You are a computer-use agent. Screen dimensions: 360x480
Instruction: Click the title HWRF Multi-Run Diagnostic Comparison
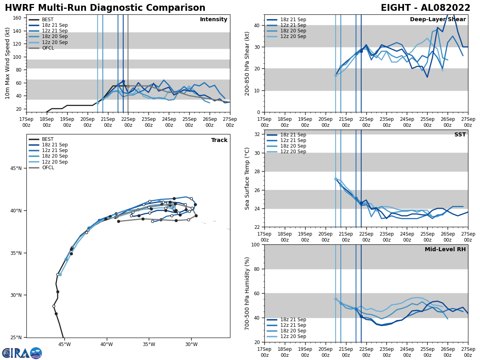(105, 8)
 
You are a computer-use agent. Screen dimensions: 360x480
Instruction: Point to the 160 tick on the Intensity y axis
(18, 18)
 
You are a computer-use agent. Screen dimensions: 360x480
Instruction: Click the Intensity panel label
(214, 20)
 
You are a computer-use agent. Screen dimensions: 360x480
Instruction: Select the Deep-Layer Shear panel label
(438, 20)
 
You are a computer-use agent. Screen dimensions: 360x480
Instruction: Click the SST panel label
(460, 135)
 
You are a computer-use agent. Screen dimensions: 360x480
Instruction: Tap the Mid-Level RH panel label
(445, 250)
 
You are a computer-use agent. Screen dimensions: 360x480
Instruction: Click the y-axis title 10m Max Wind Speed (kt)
(8, 63)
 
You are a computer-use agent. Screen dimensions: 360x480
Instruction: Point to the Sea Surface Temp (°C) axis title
(247, 178)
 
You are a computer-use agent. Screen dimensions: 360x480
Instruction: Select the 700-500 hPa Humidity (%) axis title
(247, 293)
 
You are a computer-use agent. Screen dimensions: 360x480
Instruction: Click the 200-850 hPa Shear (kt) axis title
(247, 63)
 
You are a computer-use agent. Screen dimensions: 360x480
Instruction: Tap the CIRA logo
(22, 353)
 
